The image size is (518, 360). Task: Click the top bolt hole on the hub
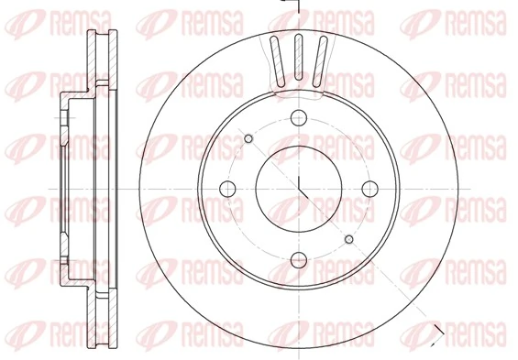(x=299, y=118)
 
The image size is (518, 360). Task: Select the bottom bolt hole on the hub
(x=299, y=260)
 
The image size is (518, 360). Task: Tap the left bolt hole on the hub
(x=227, y=189)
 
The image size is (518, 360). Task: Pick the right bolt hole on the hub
(x=370, y=189)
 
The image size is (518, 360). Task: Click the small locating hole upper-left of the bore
(x=248, y=138)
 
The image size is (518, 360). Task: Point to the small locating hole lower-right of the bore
(x=349, y=239)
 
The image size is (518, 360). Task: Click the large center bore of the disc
(x=299, y=189)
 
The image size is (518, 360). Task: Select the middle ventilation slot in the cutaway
(x=298, y=57)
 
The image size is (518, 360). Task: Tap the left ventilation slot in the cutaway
(x=278, y=61)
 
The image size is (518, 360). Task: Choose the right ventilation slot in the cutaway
(x=320, y=61)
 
